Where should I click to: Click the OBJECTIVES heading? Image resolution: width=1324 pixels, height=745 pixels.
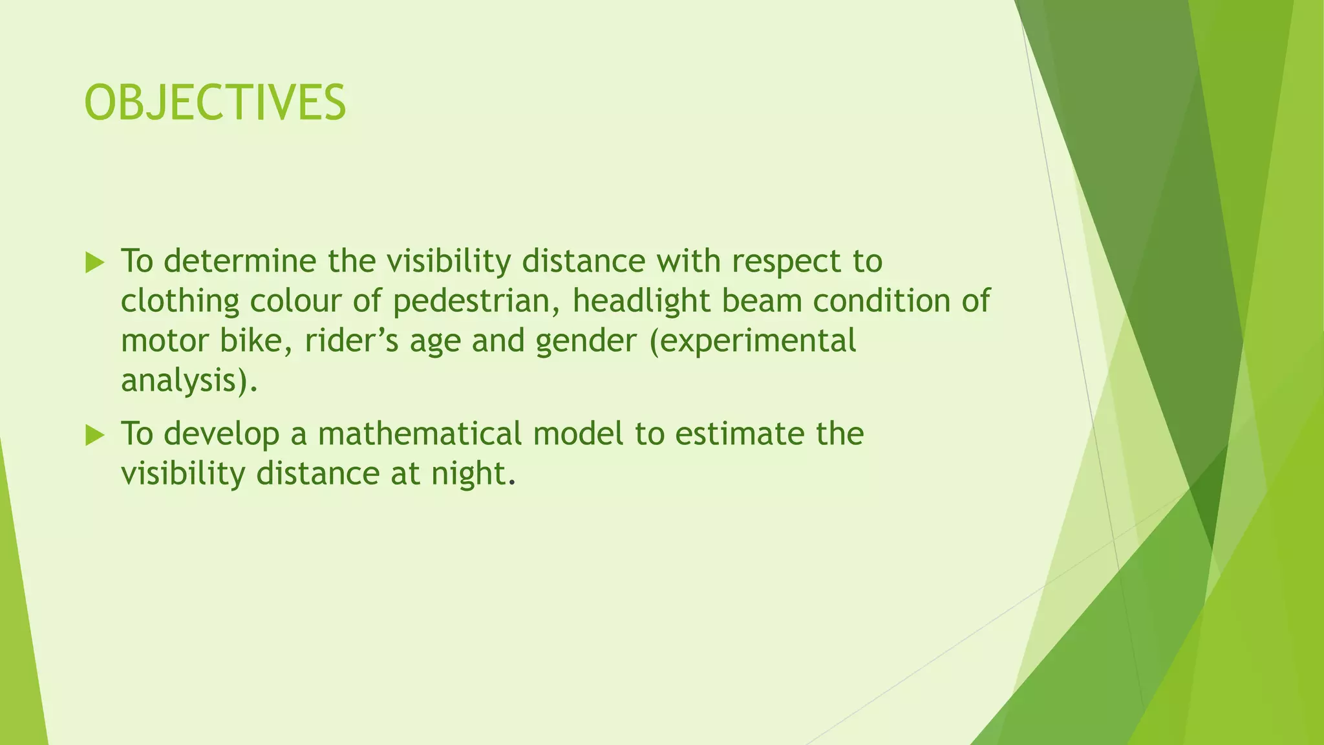[215, 103]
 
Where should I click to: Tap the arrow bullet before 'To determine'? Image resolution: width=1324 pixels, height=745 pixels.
[94, 263]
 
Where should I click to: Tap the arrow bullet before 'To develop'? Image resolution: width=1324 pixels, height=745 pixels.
[94, 436]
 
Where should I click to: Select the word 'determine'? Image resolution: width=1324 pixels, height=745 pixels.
[240, 261]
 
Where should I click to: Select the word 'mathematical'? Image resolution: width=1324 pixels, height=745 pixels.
[420, 434]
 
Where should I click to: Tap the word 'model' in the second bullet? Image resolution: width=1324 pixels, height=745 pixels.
[579, 434]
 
